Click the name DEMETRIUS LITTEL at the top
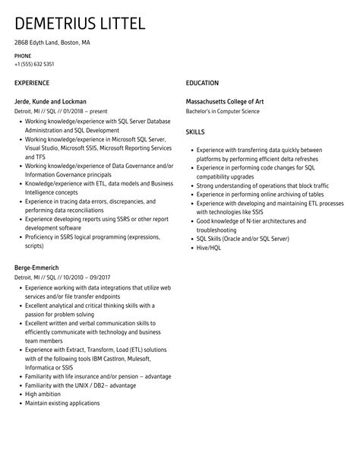[x=80, y=24]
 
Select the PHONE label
[x=23, y=55]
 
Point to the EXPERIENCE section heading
[x=32, y=82]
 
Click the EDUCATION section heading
[x=202, y=82]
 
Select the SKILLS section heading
[x=195, y=132]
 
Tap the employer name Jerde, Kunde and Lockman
[x=50, y=101]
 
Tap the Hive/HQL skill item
[x=210, y=247]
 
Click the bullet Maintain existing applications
[x=63, y=403]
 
